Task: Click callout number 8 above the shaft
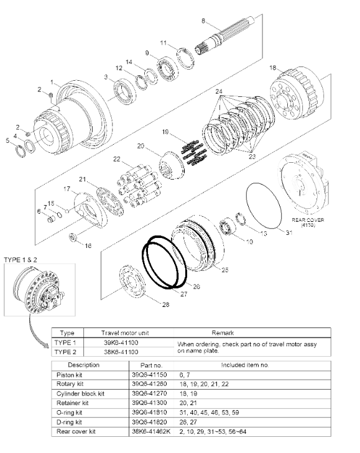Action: [203, 22]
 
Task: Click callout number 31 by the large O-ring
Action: [288, 232]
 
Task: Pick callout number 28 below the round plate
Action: [165, 304]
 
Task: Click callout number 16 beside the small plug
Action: [88, 246]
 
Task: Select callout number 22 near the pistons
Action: [116, 160]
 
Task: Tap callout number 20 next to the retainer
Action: [141, 146]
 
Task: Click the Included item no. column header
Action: [252, 365]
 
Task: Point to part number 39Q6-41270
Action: [147, 393]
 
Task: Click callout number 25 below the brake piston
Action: [224, 270]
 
